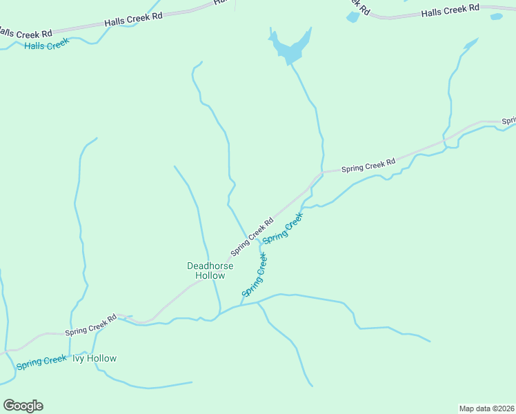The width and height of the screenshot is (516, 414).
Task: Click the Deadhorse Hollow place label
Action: tap(210, 270)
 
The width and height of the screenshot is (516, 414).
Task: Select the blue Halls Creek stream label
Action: tap(47, 45)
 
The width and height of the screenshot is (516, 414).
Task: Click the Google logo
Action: tap(23, 406)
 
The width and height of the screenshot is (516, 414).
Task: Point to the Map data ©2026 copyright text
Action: tap(486, 408)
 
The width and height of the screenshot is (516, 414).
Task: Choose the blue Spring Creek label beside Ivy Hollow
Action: tap(41, 361)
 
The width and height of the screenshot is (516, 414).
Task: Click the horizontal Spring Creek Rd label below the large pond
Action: tap(368, 166)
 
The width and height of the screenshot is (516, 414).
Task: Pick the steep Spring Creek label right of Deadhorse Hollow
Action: tap(255, 275)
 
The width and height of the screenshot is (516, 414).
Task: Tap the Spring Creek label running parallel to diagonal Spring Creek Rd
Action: tap(283, 227)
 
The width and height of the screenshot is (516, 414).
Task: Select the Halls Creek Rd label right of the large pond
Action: tap(450, 10)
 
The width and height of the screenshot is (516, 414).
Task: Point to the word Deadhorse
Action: tap(210, 266)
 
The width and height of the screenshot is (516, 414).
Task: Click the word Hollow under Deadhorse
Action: tap(210, 276)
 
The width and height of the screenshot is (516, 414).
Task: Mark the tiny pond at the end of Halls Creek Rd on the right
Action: tap(496, 17)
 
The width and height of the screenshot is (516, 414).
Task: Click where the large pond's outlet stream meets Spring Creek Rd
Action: tap(321, 172)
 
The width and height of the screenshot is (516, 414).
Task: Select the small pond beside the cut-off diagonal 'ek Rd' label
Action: tap(353, 17)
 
